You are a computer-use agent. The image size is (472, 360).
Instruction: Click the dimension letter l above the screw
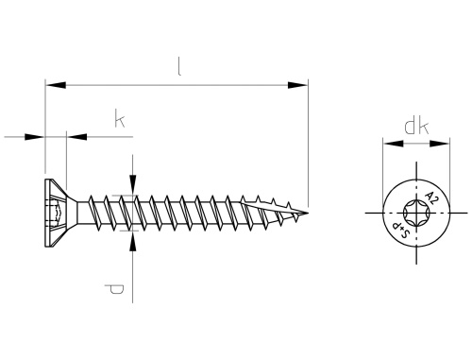[x=179, y=67]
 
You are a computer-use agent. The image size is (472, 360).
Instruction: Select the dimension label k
[x=119, y=119]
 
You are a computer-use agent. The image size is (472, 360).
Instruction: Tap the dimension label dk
[x=416, y=127]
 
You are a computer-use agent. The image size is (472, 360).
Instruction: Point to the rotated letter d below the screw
[x=114, y=289]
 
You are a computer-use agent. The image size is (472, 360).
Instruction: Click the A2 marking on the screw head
[x=430, y=198]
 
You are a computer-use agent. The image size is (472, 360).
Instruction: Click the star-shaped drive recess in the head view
[x=416, y=213]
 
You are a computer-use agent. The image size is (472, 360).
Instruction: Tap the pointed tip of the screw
[x=308, y=213]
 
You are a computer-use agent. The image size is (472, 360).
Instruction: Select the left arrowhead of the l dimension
[x=56, y=85]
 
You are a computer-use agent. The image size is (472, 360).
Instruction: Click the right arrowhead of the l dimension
[x=298, y=85]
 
